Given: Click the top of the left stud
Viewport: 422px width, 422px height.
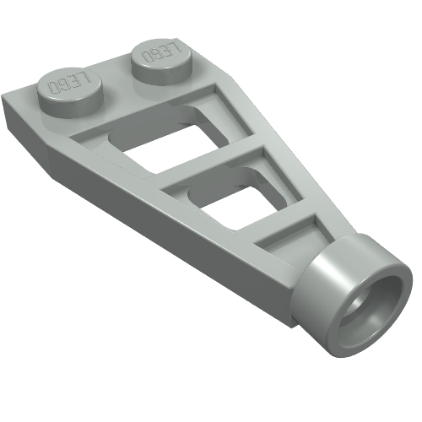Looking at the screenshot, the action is pos(69,84).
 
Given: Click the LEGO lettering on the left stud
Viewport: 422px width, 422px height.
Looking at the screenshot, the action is pos(70,83).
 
